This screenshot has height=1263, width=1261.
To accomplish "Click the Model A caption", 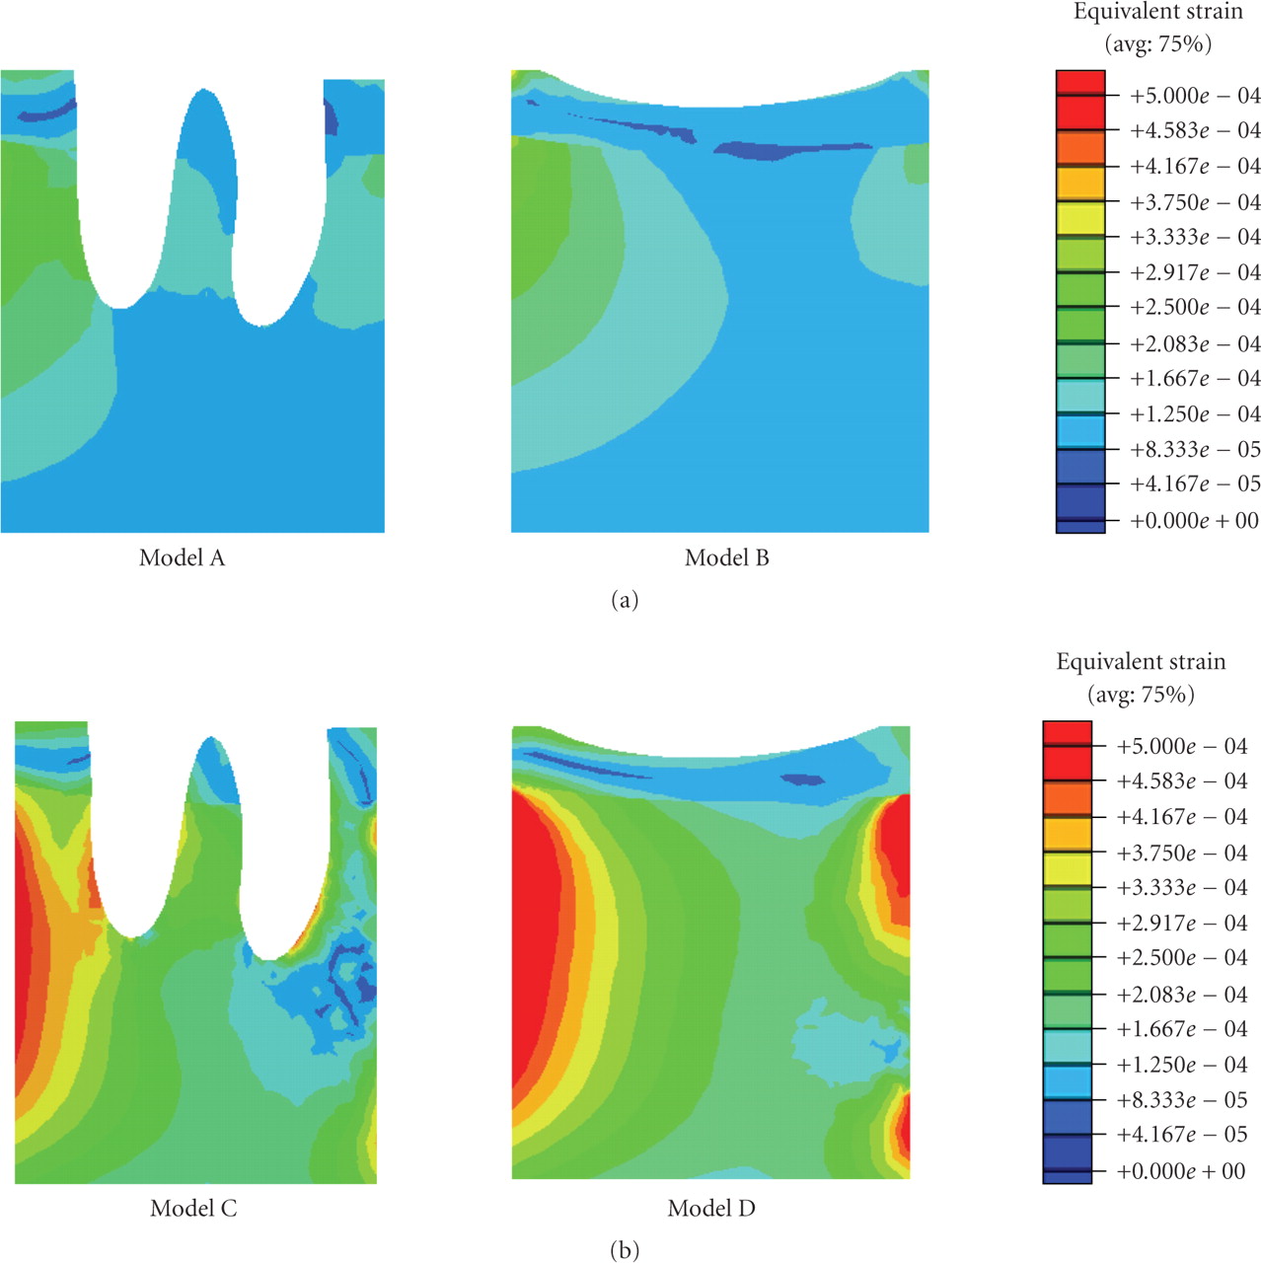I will coord(182,558).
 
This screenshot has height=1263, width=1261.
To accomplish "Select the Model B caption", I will coord(726,558).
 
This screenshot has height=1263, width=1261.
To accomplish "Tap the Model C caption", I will coord(193,1209).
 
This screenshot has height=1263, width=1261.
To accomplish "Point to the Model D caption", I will coord(710,1209).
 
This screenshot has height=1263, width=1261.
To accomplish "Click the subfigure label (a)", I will coord(626,600).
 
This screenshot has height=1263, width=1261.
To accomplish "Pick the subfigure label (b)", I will coord(626,1251).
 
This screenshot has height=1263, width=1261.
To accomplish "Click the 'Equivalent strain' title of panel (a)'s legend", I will coord(1157,13).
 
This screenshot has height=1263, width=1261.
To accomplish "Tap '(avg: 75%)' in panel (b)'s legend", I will coord(1141,695).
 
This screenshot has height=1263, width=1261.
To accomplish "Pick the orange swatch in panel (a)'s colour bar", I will coord(1080,147).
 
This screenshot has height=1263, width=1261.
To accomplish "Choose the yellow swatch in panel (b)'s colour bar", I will coord(1068,869).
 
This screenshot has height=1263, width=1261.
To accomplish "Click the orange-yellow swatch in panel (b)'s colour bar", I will coord(1068,834).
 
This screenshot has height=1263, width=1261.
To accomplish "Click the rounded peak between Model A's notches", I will coord(204,99).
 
